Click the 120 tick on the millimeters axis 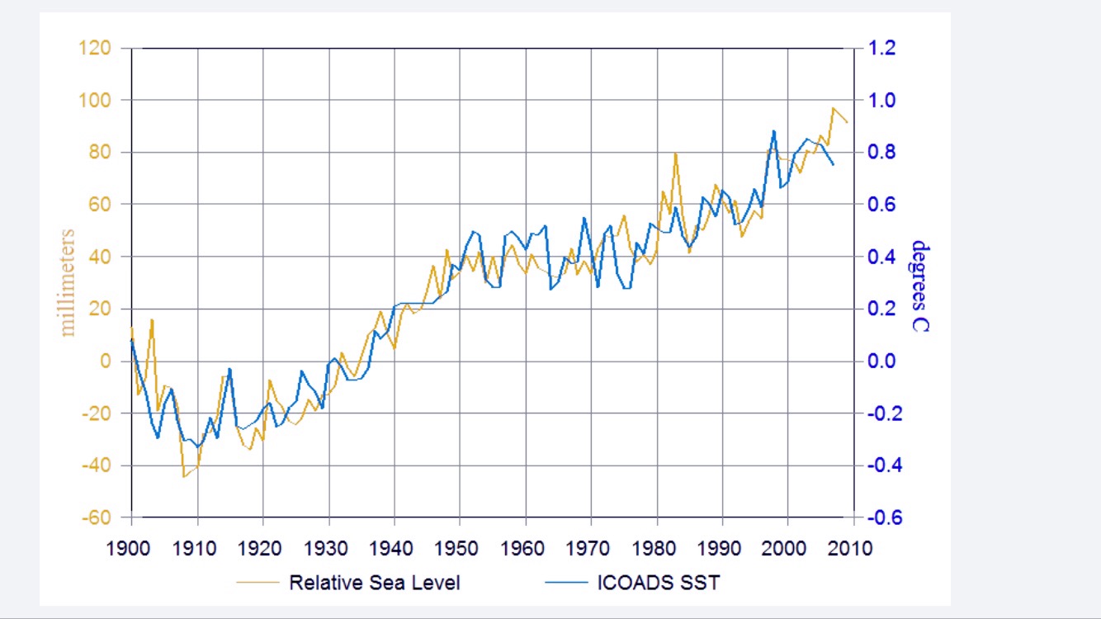click(95, 48)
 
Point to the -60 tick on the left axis click(95, 517)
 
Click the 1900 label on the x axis click(131, 548)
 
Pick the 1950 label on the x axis click(460, 548)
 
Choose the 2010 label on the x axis click(853, 548)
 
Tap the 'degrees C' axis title click(919, 286)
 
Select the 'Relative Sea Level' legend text click(374, 583)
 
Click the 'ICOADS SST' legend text click(658, 583)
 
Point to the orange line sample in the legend click(257, 583)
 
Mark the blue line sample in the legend click(565, 583)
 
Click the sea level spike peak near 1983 click(676, 154)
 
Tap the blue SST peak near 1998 click(773, 130)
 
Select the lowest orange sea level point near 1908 click(184, 476)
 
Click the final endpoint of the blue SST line click(834, 165)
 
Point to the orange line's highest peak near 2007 click(834, 108)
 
